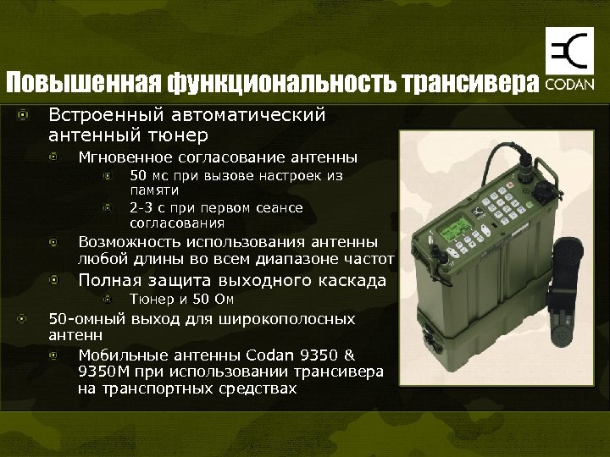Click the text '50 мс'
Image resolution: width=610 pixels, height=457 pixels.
tap(149, 176)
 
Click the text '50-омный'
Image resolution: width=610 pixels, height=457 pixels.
tap(86, 319)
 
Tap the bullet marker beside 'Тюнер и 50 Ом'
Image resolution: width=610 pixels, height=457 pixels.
tap(108, 300)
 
